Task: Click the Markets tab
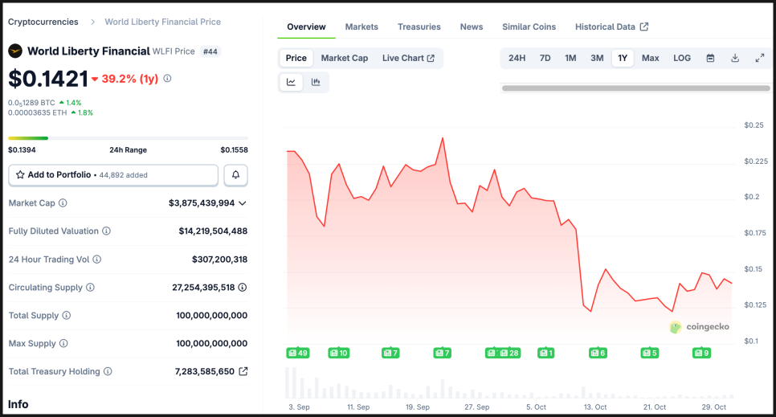[361, 27]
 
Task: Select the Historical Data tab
[611, 27]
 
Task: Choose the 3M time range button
[597, 58]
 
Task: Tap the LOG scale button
[682, 58]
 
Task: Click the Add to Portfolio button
[113, 175]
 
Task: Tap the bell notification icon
[236, 175]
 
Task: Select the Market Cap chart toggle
[344, 58]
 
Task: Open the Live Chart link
[408, 58]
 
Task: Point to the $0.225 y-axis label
[755, 161]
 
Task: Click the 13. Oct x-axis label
[595, 407]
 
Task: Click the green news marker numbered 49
[297, 353]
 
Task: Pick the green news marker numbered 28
[509, 353]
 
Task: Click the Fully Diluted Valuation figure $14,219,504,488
[213, 231]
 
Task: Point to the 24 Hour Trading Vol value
[219, 260]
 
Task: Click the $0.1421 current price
[48, 79]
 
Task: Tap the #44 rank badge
[210, 51]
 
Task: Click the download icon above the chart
[735, 58]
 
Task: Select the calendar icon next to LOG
[710, 58]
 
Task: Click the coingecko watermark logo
[698, 327]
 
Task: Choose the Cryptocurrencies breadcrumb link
[43, 22]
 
